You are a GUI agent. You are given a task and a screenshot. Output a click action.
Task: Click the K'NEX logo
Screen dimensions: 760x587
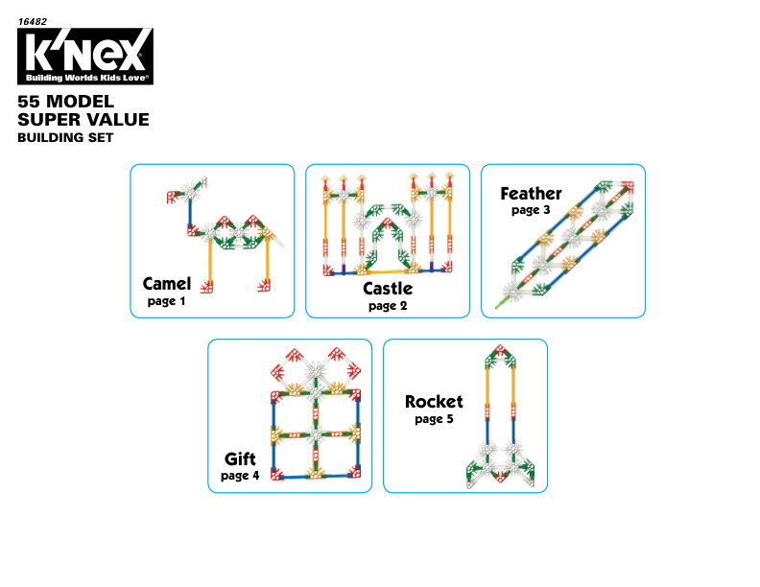coord(85,57)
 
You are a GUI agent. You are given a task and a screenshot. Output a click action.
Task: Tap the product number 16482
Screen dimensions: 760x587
coord(33,22)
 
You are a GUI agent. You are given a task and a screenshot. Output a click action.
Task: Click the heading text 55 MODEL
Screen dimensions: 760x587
coord(66,102)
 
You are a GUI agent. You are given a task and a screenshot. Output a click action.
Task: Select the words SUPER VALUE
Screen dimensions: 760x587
coord(83,120)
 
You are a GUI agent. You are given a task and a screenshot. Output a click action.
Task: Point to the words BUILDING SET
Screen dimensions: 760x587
coord(65,137)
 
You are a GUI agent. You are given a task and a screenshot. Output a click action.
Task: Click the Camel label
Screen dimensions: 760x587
coord(167,284)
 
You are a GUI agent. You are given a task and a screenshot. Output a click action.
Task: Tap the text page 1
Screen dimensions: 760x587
coord(166,301)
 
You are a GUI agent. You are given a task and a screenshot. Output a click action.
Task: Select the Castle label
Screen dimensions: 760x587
coord(388,289)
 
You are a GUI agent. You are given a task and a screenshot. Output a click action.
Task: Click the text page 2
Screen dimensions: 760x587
coord(388,306)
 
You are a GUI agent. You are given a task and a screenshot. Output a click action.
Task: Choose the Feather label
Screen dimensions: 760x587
coord(531,194)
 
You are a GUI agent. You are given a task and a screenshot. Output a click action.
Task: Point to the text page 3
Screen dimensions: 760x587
coord(531,210)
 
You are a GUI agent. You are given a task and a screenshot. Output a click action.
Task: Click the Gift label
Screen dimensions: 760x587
coord(240,458)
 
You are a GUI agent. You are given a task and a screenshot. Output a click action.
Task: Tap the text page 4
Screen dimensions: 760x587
coord(240,476)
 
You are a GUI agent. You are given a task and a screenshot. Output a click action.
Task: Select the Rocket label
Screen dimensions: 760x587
coord(434,402)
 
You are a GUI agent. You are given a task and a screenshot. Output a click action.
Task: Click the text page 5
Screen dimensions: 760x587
coord(434,419)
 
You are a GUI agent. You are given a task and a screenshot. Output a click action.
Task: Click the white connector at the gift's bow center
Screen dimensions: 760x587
coord(316,370)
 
